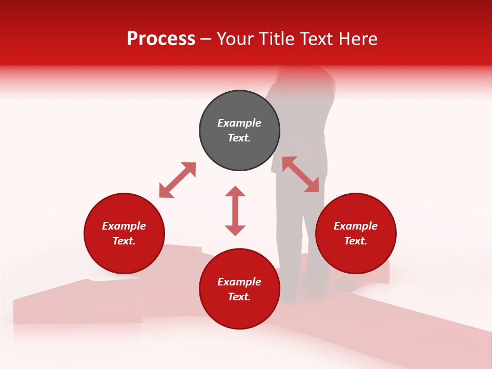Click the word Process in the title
tap(161, 39)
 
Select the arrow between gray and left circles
tap(177, 180)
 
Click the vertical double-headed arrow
tap(235, 211)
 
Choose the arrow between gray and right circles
tap(300, 174)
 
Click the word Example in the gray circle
tap(239, 123)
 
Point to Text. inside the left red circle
tap(124, 241)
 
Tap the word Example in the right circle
tap(356, 226)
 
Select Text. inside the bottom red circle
tap(239, 297)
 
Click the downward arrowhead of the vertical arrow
tap(235, 230)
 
